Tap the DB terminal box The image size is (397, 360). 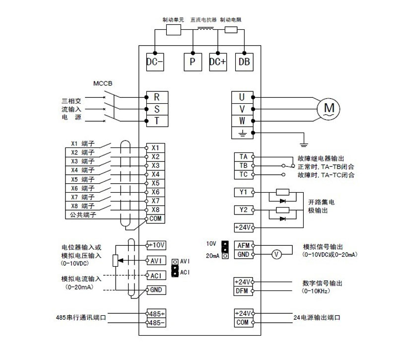pos(243,62)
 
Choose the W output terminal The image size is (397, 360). pos(242,121)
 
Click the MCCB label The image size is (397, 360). pos(103,83)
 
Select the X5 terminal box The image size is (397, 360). pos(155,183)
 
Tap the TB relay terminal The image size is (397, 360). pos(243,165)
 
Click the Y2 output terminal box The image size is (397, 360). pos(243,210)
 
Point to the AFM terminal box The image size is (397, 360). pos(243,246)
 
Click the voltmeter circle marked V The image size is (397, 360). pos(278,255)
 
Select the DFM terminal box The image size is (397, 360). pos(243,290)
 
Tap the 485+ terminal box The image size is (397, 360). pos(156,314)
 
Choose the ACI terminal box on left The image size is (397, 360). pos(156,276)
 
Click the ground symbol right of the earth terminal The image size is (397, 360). pos(303,144)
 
